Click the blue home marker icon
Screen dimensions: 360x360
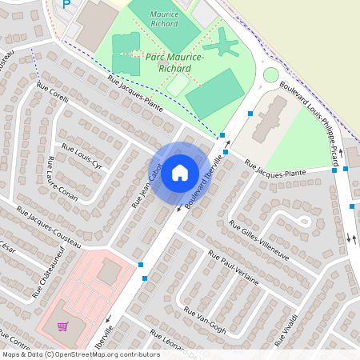click(180, 172)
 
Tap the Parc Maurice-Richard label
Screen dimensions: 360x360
click(175, 62)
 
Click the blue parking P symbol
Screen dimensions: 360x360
click(66, 4)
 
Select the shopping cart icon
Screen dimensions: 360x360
click(62, 326)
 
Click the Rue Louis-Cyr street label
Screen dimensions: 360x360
click(83, 158)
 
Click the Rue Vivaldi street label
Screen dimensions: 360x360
click(289, 324)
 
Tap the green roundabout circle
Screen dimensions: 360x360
click(271, 75)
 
